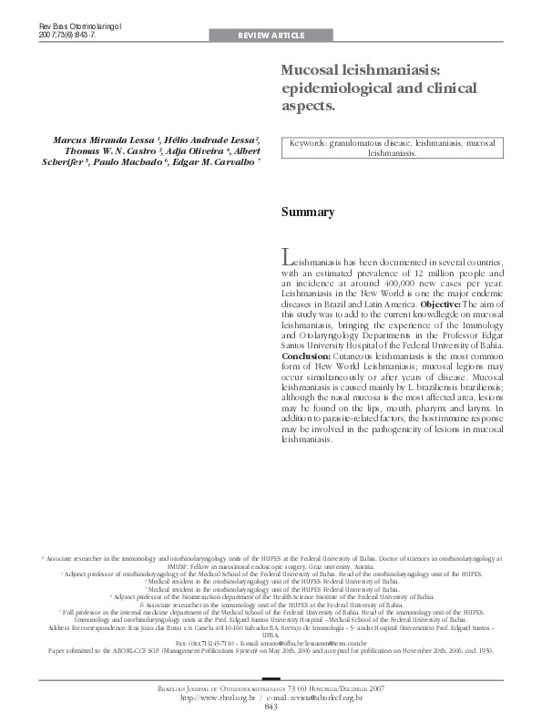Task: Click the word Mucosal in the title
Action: tap(313, 70)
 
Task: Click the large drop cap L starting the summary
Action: tap(287, 258)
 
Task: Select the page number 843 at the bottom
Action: tap(271, 707)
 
